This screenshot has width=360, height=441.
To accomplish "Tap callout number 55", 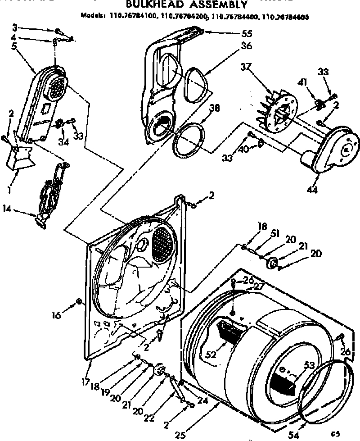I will pyautogui.click(x=247, y=33).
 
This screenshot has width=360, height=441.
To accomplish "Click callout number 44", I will pyautogui.click(x=312, y=190).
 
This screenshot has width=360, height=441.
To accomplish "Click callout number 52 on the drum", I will pyautogui.click(x=211, y=355).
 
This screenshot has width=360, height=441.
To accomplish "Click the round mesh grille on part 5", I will pyautogui.click(x=56, y=86).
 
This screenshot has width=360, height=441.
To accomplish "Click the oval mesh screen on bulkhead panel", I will pyautogui.click(x=163, y=244).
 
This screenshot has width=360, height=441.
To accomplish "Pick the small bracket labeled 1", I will pyautogui.click(x=20, y=158).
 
